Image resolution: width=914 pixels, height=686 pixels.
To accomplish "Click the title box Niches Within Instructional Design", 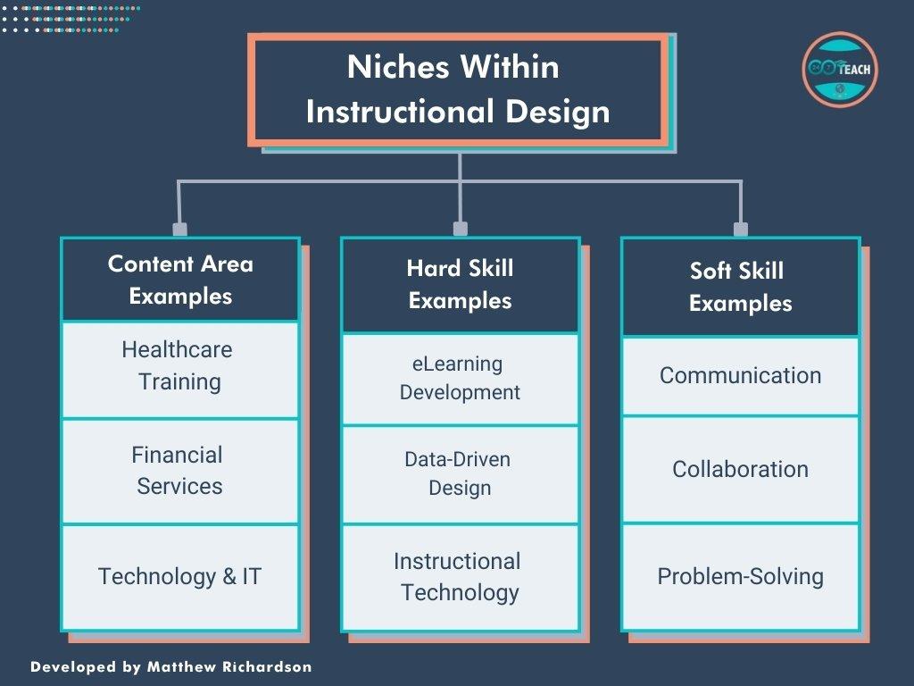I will [x=459, y=89].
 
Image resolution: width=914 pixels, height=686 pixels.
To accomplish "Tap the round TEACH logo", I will [x=840, y=70].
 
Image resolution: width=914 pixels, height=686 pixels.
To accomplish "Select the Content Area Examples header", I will [x=180, y=280].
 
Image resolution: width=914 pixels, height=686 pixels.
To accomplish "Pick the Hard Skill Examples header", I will [x=460, y=284].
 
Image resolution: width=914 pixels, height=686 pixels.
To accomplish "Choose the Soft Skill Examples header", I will [x=740, y=287].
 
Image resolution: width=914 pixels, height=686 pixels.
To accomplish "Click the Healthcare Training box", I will [x=180, y=366].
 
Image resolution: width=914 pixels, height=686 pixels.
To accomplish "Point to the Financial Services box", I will [x=180, y=471].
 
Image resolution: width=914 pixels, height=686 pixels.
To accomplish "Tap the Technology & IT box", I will [x=180, y=576].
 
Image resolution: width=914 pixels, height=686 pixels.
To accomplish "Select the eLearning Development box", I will [x=460, y=378].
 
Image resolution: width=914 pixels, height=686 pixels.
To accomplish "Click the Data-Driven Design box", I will [x=460, y=473].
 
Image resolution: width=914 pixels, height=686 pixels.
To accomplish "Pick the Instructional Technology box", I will [x=460, y=576].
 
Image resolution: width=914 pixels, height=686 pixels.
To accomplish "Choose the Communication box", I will [x=740, y=375].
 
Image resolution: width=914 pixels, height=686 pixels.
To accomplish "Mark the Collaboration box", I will [x=740, y=469].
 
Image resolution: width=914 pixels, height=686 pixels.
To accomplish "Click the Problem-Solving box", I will [x=740, y=576].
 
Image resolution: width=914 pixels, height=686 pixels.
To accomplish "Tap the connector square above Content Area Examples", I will [x=180, y=229].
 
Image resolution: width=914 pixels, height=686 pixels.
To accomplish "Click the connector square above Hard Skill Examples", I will [x=460, y=229].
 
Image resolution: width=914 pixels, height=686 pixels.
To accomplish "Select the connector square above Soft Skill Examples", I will [x=740, y=229].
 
